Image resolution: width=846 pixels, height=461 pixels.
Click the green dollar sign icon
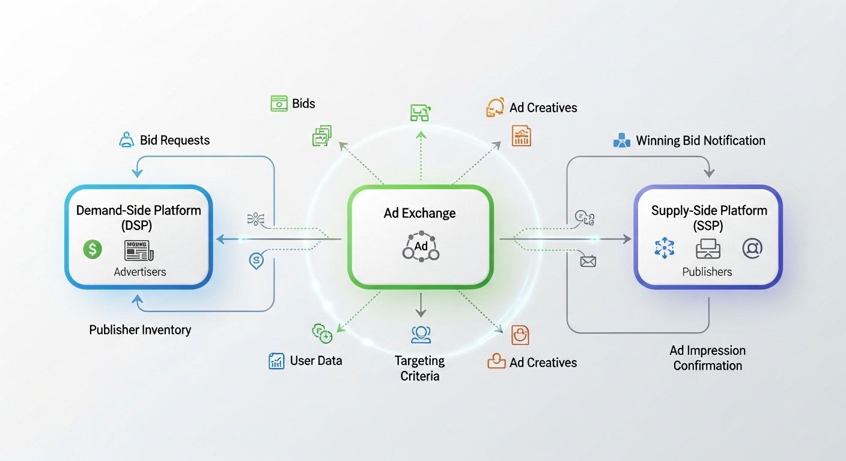click(93, 249)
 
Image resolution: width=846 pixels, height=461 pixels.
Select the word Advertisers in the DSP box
click(140, 272)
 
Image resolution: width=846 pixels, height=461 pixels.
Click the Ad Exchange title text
click(419, 213)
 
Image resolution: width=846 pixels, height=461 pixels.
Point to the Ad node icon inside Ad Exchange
click(421, 247)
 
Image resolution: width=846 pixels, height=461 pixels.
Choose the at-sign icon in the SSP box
click(752, 248)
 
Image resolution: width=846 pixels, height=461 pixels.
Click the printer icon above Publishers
click(708, 249)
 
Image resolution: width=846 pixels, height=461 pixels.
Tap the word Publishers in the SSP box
click(707, 272)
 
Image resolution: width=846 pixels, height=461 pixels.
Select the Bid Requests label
click(175, 140)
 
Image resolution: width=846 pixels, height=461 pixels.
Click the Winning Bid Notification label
click(701, 141)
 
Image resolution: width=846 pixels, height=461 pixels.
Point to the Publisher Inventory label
click(140, 330)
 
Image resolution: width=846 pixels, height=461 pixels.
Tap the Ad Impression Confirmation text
click(708, 358)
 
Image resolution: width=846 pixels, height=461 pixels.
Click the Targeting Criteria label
click(420, 368)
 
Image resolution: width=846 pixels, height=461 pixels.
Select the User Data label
click(316, 361)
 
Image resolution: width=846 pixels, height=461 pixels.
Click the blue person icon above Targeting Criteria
click(421, 334)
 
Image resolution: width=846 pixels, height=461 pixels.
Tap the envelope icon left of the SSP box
click(588, 261)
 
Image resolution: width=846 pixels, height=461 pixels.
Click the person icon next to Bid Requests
click(127, 140)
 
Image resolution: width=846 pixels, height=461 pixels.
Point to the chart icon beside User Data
click(276, 361)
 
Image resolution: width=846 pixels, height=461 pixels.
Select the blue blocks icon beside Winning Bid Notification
click(621, 141)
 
